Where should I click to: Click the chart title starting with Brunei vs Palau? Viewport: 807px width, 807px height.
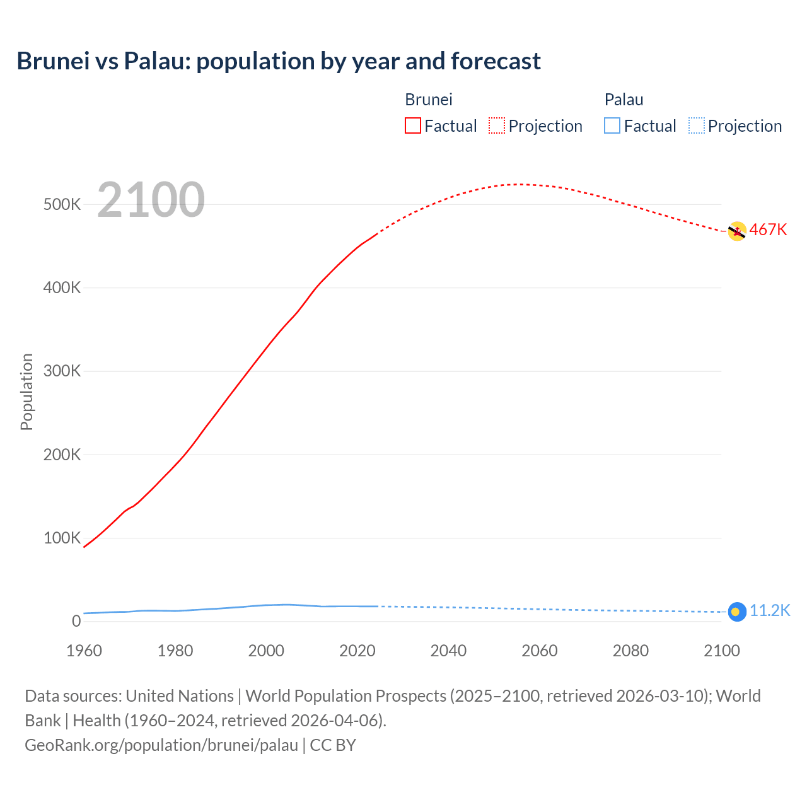[x=279, y=61]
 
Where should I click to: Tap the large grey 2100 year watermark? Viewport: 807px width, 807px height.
[x=151, y=200]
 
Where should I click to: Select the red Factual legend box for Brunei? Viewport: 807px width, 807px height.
[x=412, y=125]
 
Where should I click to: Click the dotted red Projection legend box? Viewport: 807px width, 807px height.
[x=497, y=125]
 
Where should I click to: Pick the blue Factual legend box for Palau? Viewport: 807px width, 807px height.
[x=612, y=125]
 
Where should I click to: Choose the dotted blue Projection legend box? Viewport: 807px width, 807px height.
[x=697, y=125]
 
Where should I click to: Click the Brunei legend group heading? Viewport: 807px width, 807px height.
[x=429, y=100]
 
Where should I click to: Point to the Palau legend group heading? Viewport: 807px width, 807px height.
[x=624, y=100]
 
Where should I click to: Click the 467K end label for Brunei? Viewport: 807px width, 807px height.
[x=768, y=229]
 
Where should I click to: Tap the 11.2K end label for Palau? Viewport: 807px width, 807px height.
[x=769, y=610]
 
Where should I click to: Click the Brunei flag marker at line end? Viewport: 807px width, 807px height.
[x=737, y=231]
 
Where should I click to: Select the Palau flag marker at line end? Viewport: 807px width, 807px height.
[x=737, y=612]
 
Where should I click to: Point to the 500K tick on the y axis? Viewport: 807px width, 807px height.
[x=62, y=204]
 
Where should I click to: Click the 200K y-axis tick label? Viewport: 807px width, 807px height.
[x=62, y=455]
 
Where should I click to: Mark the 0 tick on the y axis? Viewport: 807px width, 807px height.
[x=76, y=621]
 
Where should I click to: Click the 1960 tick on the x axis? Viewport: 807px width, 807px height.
[x=84, y=651]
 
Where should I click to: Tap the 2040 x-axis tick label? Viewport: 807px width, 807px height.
[x=448, y=651]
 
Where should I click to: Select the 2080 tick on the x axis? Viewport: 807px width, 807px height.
[x=630, y=651]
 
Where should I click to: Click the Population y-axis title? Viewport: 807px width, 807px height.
[x=26, y=392]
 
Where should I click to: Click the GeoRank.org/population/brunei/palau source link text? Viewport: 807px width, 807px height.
[x=161, y=745]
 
